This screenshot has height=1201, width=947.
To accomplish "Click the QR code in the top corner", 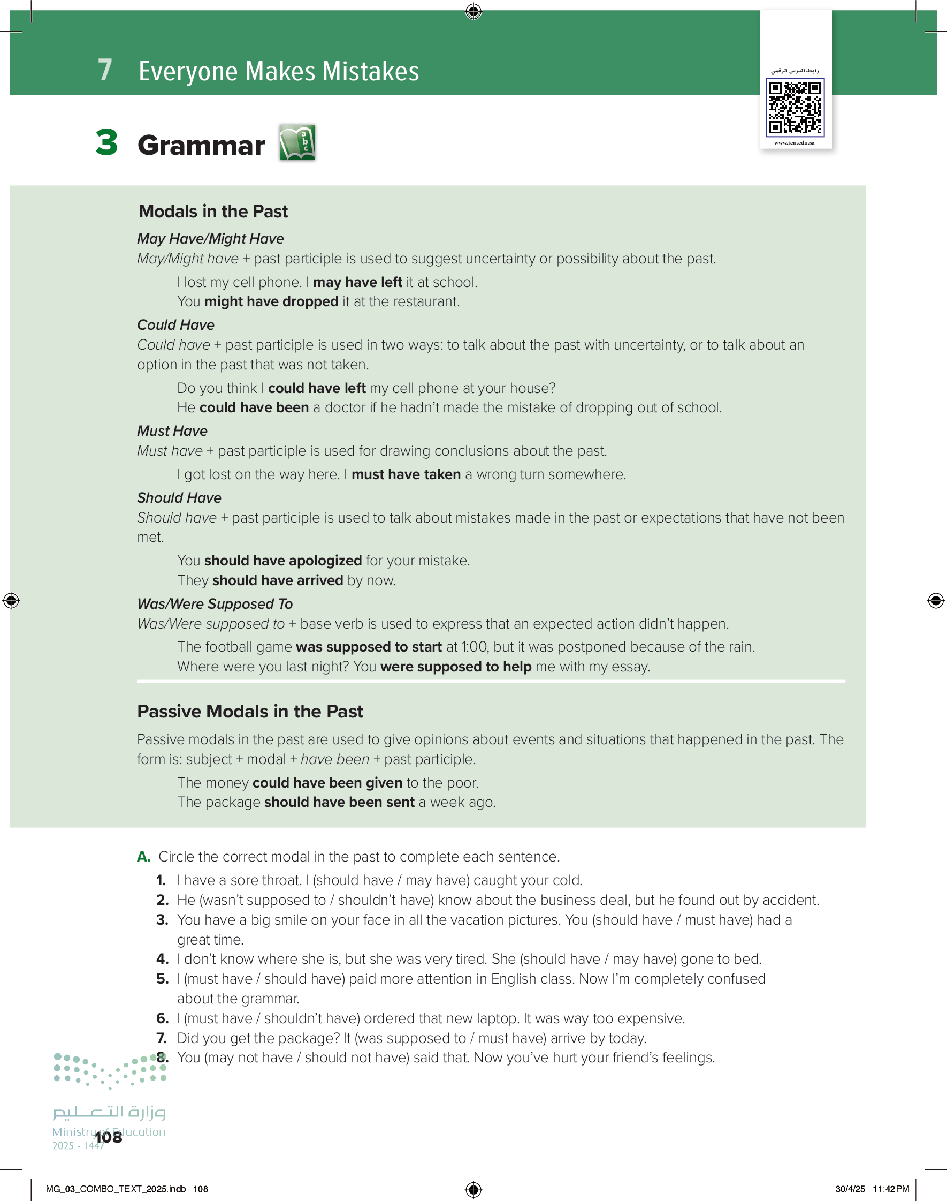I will pos(795,108).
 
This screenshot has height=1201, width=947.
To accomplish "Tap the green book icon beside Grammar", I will pos(297,142).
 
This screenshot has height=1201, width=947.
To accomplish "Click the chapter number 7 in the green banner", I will pos(105,71).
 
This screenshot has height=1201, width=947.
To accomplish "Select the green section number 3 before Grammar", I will pos(106,142).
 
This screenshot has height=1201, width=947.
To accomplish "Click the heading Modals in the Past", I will pos(213,212).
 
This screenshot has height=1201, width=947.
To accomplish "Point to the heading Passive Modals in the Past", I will pos(249,711).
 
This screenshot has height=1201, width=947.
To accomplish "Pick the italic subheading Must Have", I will pos(172,431).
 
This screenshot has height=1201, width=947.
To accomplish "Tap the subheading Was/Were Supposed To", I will pos(215,603).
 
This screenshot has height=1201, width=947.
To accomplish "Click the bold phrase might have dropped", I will pos(271,302).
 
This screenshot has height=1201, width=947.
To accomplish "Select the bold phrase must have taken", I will pos(406,475).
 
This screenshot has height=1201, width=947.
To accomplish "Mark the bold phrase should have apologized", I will pos(283,561).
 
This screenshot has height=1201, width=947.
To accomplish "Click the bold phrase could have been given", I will pos(327,783).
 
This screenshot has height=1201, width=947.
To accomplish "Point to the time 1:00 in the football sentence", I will pos(475,647).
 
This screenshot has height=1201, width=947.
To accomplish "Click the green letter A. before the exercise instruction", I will pos(143,857).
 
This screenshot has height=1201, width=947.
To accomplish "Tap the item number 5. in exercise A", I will pos(162,979).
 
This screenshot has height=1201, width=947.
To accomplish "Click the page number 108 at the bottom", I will pos(109,1138).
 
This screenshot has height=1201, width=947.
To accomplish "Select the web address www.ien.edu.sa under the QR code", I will pos(794,143).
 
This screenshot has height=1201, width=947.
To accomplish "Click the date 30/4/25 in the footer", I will pos(850,1189).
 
